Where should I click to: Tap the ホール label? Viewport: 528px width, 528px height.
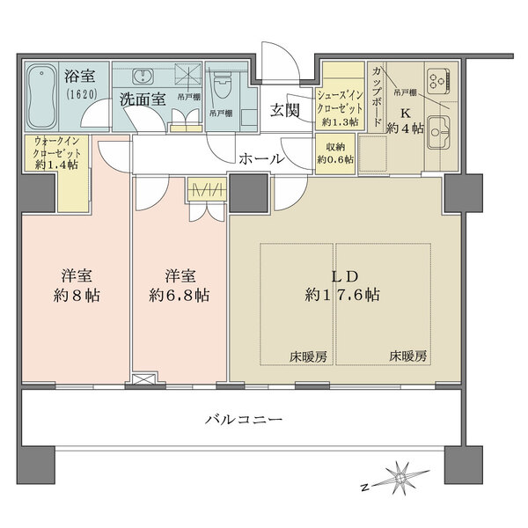tap(261, 159)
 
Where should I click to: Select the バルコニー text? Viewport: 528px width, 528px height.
tap(244, 421)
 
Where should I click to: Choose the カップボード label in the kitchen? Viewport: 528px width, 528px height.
tap(377, 94)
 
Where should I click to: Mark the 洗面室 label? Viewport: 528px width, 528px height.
tap(143, 99)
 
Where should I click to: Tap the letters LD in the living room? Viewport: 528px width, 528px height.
tap(343, 274)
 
